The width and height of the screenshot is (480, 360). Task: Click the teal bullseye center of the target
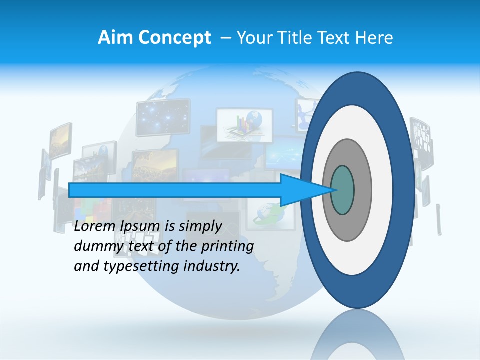(342, 190)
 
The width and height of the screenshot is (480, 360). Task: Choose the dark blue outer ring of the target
(404, 190)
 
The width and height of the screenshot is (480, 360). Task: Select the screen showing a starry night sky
(163, 117)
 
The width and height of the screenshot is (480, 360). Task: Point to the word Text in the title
(336, 38)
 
